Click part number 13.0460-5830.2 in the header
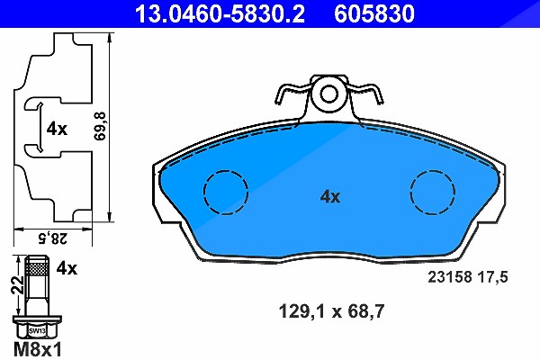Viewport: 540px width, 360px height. tap(220, 13)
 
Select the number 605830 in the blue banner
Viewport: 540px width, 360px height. tap(374, 13)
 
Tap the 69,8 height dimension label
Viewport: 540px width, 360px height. tap(101, 126)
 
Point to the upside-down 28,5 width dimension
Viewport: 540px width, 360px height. tap(53, 238)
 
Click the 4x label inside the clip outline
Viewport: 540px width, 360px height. tap(57, 130)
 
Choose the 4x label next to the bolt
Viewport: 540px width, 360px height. tap(67, 268)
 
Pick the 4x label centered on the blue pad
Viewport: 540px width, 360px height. tap(330, 197)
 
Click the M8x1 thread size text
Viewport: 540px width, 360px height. tap(38, 350)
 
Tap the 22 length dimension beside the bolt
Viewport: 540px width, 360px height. tap(17, 285)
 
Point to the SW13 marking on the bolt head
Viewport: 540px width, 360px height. tap(37, 331)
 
